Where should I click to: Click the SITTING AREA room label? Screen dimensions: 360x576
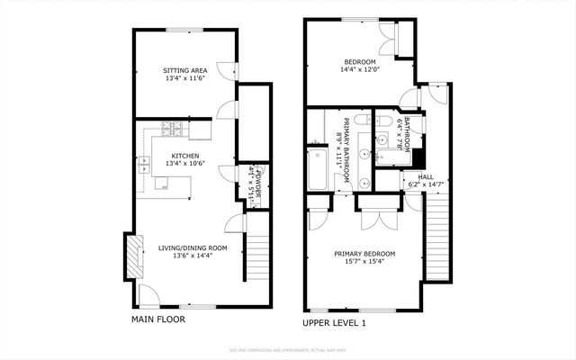(x=184, y=70)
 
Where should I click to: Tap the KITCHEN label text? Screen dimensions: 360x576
(x=184, y=155)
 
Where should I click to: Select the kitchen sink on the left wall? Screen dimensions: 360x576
(x=144, y=165)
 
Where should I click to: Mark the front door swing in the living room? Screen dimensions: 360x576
(x=149, y=295)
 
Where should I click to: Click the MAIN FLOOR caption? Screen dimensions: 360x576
(x=158, y=318)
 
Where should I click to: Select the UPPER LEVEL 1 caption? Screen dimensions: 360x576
(x=335, y=322)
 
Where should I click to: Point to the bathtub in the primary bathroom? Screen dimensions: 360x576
(x=319, y=171)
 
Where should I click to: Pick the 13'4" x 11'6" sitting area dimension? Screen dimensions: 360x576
(x=184, y=78)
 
